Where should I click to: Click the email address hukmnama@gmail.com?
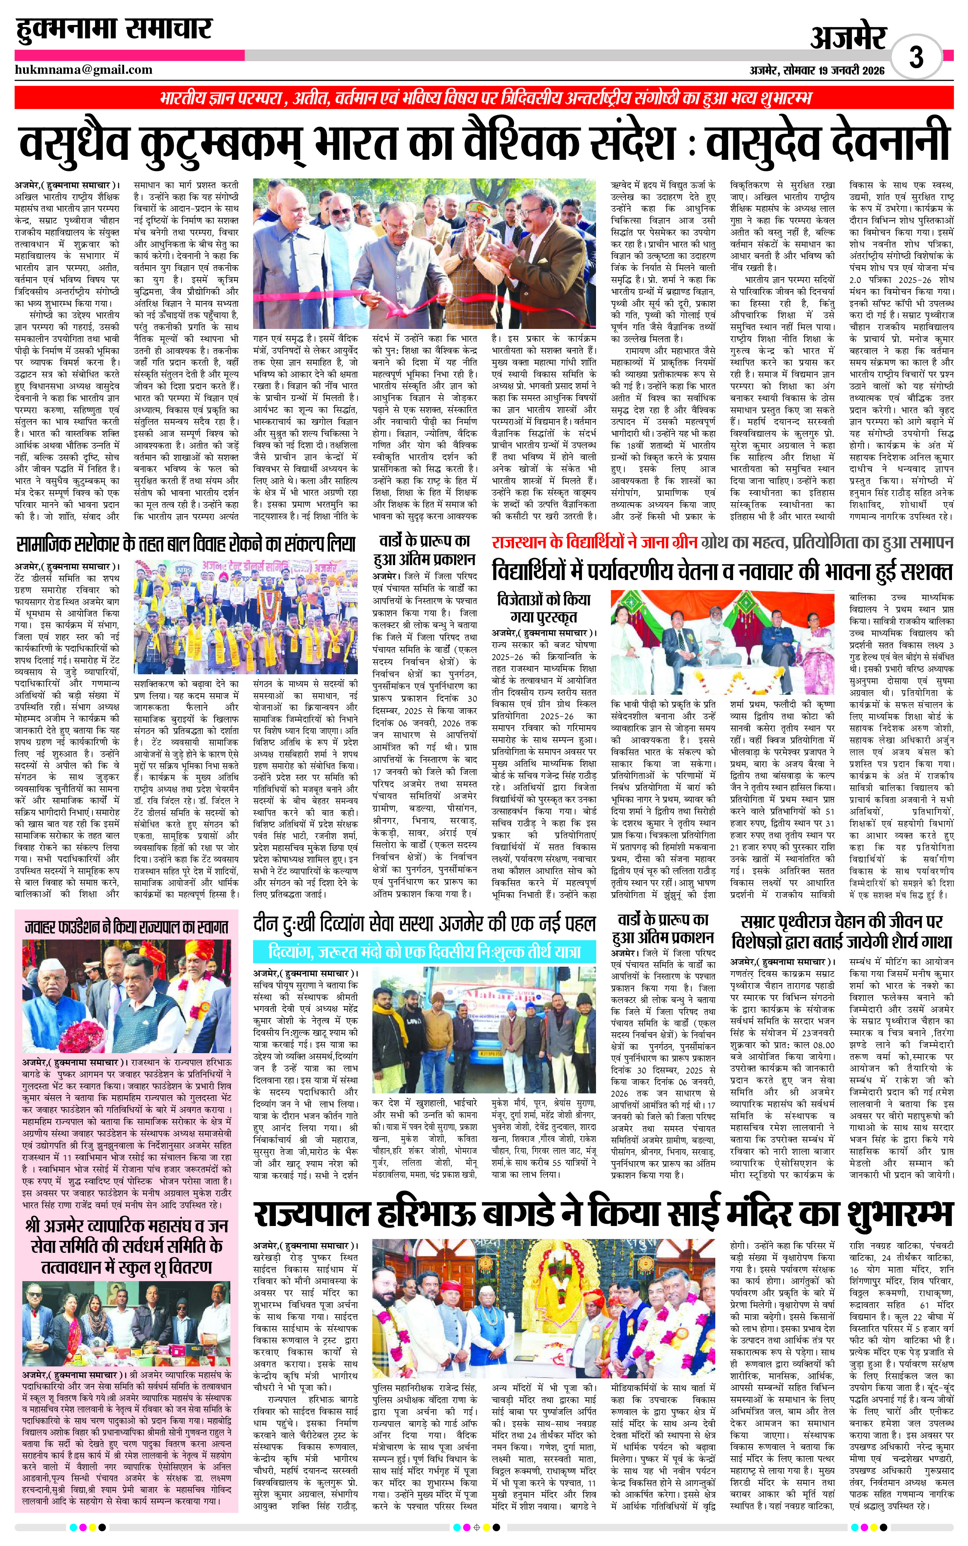(x=84, y=70)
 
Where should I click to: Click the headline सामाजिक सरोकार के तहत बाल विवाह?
(x=186, y=545)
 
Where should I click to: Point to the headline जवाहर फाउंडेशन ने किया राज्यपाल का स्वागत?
(x=126, y=926)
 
